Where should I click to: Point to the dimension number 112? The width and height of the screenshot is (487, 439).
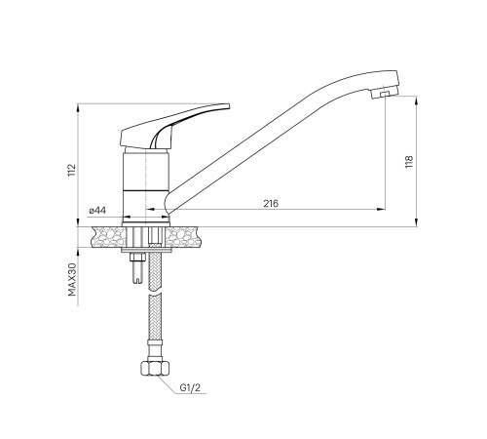(72, 171)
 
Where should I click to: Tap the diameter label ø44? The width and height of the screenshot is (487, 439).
(97, 211)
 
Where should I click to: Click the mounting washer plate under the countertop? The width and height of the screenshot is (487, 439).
(149, 253)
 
